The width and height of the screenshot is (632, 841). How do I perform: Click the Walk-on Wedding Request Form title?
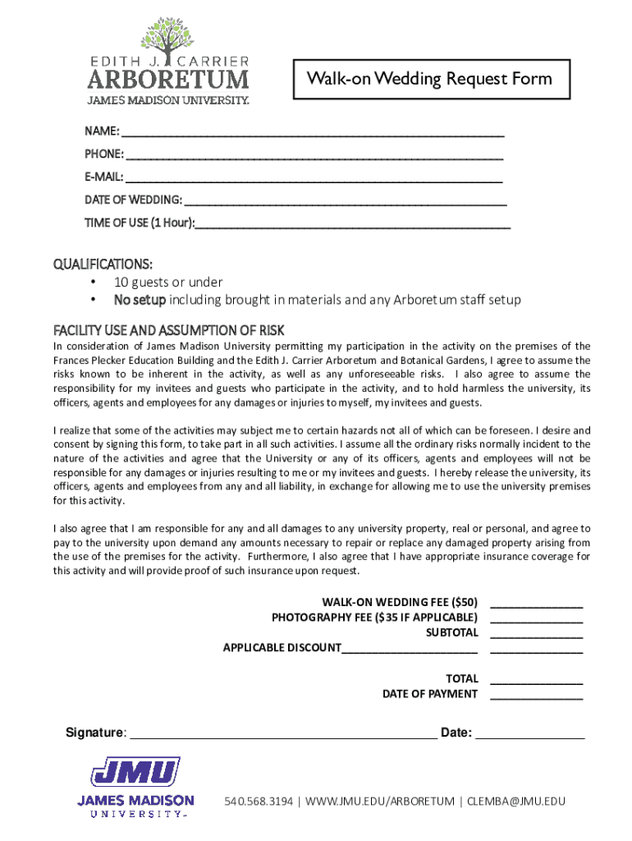(x=429, y=79)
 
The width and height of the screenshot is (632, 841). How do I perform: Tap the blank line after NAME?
(x=313, y=133)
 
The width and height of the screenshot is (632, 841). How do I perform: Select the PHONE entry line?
(x=315, y=155)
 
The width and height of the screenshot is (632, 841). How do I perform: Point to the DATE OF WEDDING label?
(x=133, y=200)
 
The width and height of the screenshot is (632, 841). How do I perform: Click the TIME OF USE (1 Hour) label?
(x=140, y=223)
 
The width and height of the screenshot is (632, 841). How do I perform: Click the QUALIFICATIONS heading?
(x=103, y=264)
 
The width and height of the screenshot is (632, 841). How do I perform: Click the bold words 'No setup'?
(x=140, y=300)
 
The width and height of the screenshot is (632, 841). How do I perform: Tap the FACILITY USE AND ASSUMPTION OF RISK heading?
(x=168, y=330)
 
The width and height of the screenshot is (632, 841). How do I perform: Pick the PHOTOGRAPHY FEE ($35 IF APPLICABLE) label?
(x=374, y=617)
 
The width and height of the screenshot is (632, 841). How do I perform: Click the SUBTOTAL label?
(x=451, y=632)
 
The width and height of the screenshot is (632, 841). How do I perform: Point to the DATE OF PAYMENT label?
(x=429, y=694)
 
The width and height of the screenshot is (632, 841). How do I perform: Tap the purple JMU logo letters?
(x=135, y=773)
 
